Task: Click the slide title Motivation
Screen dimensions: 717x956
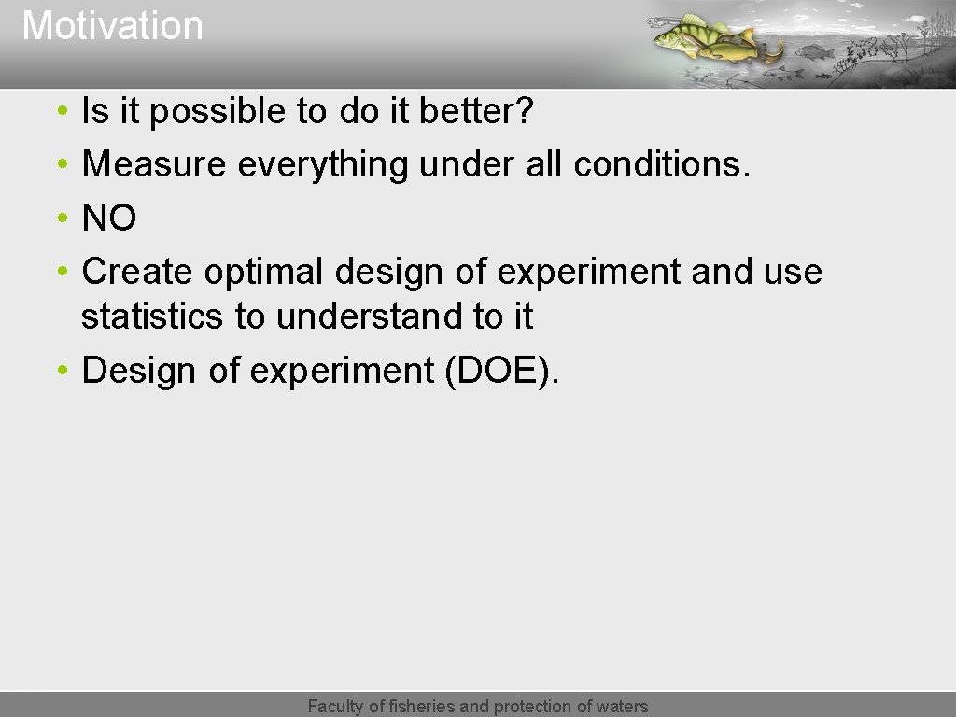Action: pos(112,25)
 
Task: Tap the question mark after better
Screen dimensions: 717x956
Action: pos(525,112)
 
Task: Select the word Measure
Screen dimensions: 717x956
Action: pos(154,165)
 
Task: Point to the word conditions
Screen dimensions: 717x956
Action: pos(662,165)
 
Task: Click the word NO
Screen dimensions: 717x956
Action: pos(109,219)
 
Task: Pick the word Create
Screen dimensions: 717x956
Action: pos(137,273)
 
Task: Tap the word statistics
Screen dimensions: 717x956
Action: pos(152,317)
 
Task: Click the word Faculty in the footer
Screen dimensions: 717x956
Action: pos(336,707)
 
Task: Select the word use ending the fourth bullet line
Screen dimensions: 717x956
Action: pos(793,273)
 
